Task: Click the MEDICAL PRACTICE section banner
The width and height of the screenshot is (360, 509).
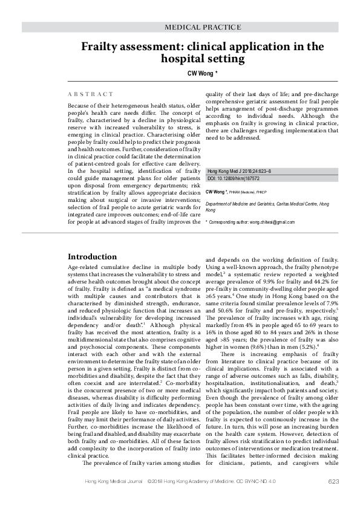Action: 203,27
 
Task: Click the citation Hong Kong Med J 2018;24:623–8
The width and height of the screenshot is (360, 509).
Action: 244,172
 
